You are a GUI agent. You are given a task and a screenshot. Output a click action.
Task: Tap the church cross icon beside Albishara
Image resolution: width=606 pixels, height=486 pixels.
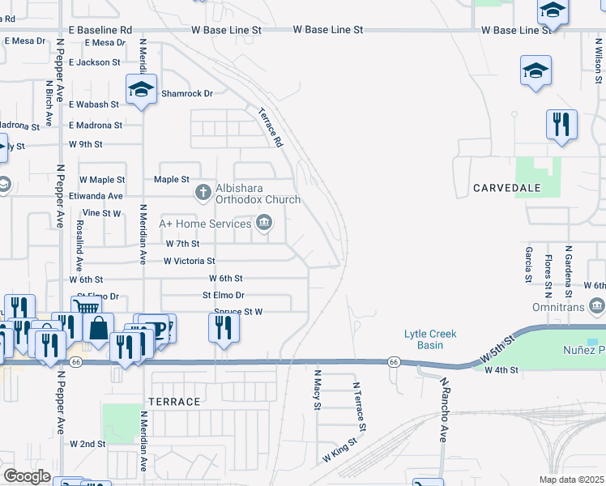203,192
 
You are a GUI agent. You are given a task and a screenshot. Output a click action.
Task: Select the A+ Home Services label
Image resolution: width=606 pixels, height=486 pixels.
205,224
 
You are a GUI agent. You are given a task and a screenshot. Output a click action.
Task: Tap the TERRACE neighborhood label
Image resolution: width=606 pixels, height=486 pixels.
174,402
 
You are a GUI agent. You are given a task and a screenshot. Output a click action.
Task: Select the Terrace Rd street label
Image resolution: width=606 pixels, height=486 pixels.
270,127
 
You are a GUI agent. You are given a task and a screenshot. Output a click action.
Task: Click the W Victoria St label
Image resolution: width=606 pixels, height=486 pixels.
189,261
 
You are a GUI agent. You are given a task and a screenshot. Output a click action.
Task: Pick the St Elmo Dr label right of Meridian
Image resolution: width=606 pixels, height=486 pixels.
223,296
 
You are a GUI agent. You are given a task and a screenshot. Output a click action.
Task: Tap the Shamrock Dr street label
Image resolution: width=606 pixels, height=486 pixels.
186,93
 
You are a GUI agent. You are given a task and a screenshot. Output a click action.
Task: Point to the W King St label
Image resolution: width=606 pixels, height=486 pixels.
340,452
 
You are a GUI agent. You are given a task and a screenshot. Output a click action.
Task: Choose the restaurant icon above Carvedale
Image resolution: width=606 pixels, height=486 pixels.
561,124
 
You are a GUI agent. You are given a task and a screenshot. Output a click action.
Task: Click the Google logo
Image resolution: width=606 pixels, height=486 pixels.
28,476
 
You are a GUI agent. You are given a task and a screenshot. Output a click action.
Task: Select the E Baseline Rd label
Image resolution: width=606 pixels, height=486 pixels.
100,29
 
